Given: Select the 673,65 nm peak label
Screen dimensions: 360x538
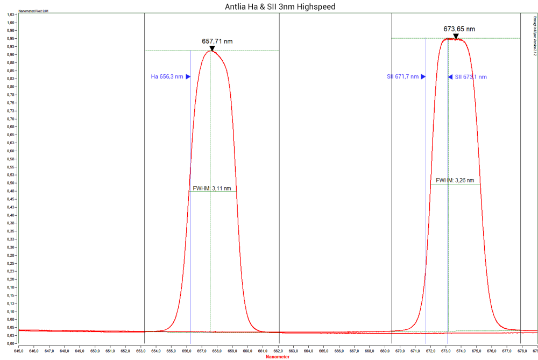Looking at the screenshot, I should coord(459,29).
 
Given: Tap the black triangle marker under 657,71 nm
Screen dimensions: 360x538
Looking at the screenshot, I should coord(212,48).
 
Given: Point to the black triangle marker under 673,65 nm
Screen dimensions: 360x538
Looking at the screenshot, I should coord(456,36).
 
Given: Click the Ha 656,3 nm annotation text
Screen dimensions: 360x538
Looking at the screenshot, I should coord(167,77).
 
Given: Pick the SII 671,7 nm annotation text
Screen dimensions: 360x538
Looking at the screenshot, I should coord(402,77).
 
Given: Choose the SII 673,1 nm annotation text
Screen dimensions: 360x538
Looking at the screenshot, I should coord(471,77).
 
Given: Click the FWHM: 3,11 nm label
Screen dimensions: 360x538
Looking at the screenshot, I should coord(212,188).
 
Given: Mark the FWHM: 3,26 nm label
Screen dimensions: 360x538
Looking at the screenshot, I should coord(454,181).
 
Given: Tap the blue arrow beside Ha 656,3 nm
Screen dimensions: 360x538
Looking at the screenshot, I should coord(188,77).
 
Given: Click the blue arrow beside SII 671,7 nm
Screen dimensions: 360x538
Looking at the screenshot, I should coord(423,77).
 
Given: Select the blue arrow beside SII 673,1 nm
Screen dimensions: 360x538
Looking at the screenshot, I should coord(450,77).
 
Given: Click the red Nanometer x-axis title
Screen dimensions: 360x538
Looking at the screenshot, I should coord(278,356).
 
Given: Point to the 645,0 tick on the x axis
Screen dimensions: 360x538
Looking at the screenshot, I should coord(19,350).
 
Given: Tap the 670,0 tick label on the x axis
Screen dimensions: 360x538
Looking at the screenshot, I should coord(400,350).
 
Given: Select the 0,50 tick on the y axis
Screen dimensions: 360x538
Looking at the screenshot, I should coord(10,183).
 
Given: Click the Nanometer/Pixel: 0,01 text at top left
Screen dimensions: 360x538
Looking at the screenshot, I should coord(34,11).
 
